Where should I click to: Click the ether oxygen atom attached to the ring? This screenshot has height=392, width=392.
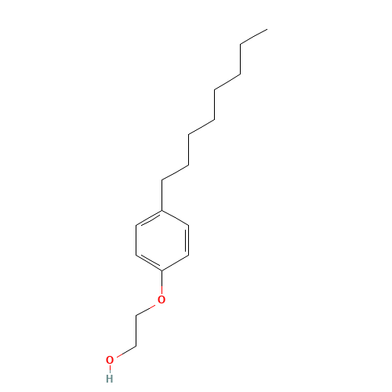(162, 299)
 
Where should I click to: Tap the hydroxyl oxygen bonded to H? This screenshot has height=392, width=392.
(110, 360)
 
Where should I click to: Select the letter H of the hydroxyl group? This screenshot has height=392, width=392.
(110, 379)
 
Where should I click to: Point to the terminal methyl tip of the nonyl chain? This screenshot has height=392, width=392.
(267, 29)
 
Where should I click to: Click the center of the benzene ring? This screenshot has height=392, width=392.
(162, 240)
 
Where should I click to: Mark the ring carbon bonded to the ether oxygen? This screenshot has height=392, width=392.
(162, 270)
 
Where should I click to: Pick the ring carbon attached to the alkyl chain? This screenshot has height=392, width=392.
(162, 210)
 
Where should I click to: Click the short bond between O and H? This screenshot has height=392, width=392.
(110, 369)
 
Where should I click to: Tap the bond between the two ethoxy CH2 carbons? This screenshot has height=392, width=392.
(136, 332)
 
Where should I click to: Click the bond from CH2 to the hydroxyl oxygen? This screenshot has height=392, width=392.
(126, 352)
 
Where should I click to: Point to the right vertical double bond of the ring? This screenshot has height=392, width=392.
(187, 240)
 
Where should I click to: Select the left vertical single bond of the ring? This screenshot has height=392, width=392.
(136, 240)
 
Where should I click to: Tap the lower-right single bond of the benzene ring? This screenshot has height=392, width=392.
(176, 263)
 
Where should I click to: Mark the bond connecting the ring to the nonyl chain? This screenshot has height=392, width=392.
(162, 195)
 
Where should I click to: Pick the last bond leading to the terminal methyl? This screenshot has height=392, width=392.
(254, 37)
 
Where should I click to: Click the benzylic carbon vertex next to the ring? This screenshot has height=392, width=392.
(162, 180)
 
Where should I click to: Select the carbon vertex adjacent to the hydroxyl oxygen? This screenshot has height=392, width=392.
(136, 347)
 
